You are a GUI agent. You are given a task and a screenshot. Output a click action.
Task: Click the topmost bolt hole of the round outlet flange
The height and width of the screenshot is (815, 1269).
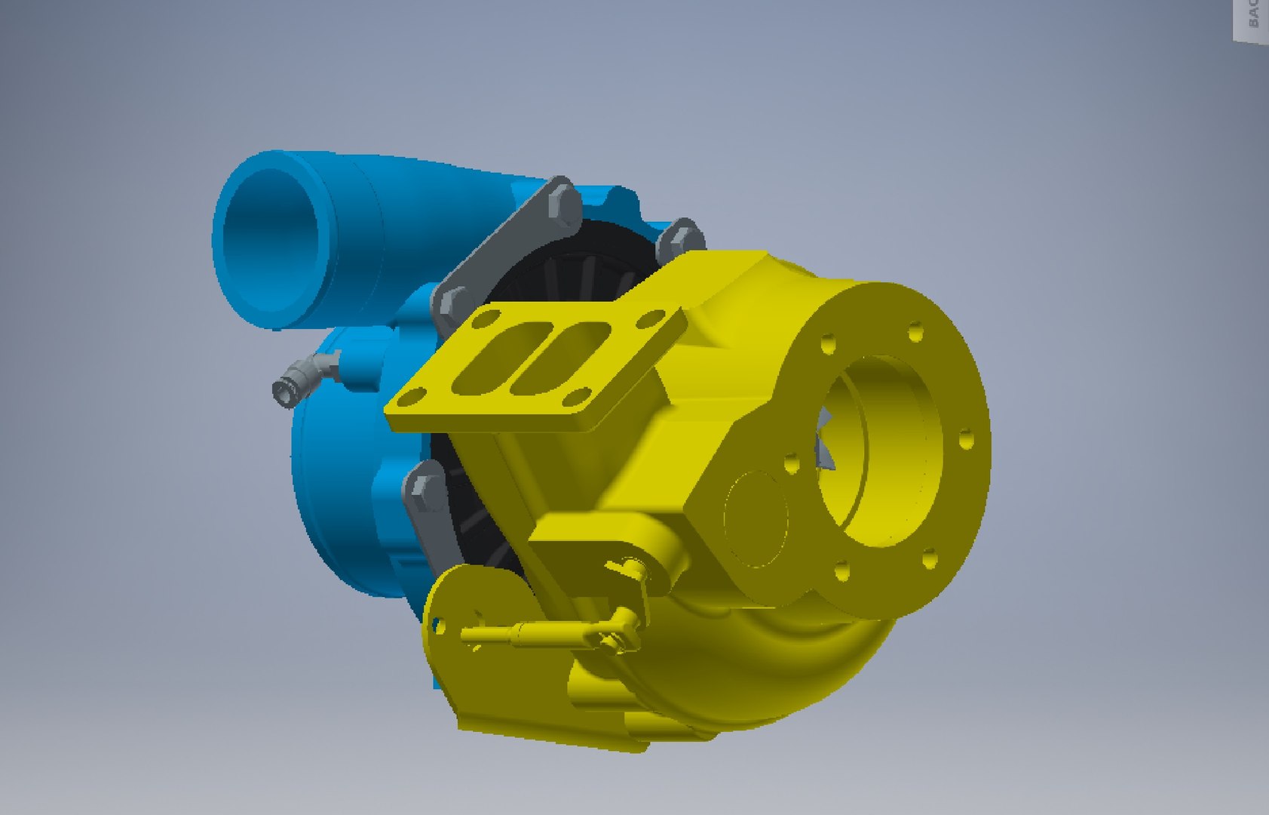(x=916, y=331)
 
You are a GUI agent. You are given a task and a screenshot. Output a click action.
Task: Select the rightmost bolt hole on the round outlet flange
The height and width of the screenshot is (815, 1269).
(x=966, y=441)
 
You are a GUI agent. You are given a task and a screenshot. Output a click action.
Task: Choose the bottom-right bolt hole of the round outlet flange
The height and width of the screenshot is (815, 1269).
(x=929, y=559)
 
